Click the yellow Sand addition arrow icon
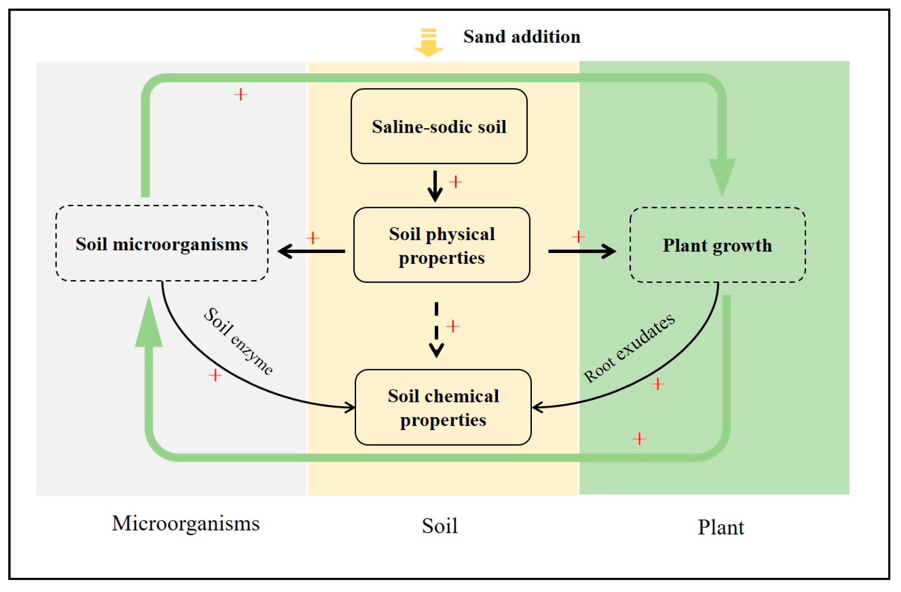click(428, 42)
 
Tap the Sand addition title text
click(522, 37)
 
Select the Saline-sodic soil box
click(439, 127)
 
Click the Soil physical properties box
click(441, 245)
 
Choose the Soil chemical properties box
click(443, 408)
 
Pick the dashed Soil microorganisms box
click(162, 244)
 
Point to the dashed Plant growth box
click(717, 245)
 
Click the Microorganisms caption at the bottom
click(185, 524)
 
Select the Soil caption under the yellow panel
click(440, 526)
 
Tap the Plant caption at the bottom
click(721, 527)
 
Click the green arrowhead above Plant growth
click(722, 176)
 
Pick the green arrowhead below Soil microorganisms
click(149, 324)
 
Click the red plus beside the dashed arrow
click(453, 326)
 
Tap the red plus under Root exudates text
click(657, 384)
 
